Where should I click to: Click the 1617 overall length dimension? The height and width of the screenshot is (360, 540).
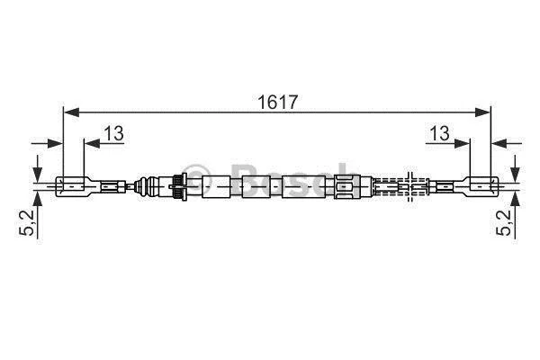click(x=277, y=102)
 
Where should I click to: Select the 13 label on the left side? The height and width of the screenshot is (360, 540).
click(x=114, y=133)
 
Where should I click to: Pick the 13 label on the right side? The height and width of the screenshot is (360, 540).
click(x=439, y=133)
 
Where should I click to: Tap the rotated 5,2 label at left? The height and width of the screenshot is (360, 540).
click(x=27, y=223)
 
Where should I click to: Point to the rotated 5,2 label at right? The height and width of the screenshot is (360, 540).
click(x=504, y=223)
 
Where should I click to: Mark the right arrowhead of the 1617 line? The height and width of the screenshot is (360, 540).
click(x=481, y=112)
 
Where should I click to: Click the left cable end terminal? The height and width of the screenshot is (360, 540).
click(x=74, y=186)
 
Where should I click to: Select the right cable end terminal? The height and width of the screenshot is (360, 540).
click(x=481, y=186)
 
